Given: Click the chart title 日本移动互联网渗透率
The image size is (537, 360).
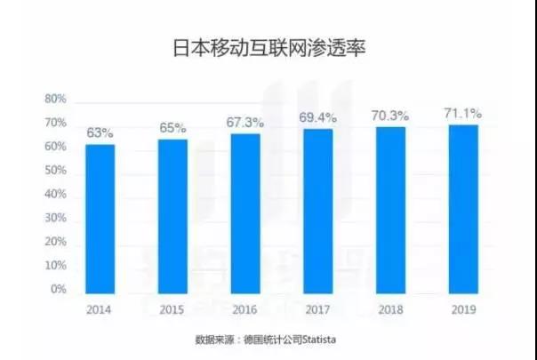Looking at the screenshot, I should (x=268, y=47).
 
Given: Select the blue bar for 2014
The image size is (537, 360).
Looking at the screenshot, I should (x=100, y=218).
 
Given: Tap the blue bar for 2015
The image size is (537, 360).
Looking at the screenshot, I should (x=172, y=215).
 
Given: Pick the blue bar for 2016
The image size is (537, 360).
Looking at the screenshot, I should (x=245, y=212).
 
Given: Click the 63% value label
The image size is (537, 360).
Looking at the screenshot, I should (x=100, y=132).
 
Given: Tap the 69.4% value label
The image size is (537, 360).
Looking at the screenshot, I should (x=318, y=117).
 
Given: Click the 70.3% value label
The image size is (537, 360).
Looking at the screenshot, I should (x=390, y=115).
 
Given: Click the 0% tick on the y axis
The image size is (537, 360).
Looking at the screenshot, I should (x=58, y=290).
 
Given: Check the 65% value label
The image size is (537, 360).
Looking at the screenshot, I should (x=172, y=128).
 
